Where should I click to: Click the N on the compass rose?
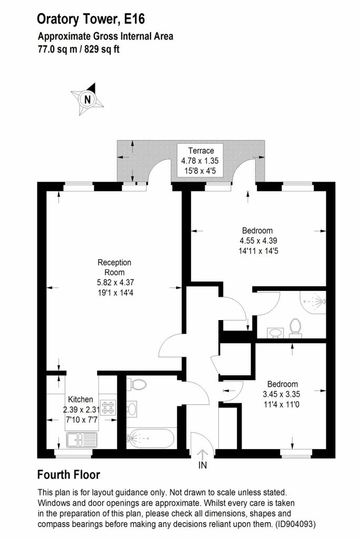coord(88,99)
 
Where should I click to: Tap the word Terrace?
coord(201,151)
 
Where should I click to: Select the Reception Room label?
coord(115,267)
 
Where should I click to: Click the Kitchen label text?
coord(81,400)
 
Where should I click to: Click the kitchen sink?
coord(82,440)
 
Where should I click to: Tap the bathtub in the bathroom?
coord(150,438)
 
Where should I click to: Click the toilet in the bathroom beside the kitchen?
coord(136,384)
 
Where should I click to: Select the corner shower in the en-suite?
coord(313,303)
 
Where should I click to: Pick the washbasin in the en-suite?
coord(275,333)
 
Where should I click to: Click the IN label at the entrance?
coord(203,465)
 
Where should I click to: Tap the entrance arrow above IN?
coord(203,454)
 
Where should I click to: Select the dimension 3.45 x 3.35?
coord(282,394)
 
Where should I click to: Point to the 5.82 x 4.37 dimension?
coord(115,283)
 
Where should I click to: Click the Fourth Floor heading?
coord(68,475)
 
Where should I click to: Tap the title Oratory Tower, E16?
coord(91,19)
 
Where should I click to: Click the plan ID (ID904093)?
coord(294,525)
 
